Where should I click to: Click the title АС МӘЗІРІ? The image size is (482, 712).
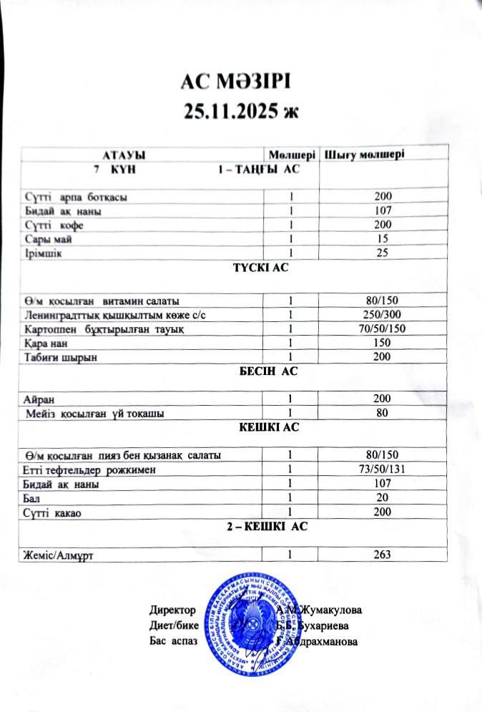pos(235,81)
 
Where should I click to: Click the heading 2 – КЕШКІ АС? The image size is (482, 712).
pos(266,527)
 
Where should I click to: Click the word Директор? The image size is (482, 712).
pos(172,610)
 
